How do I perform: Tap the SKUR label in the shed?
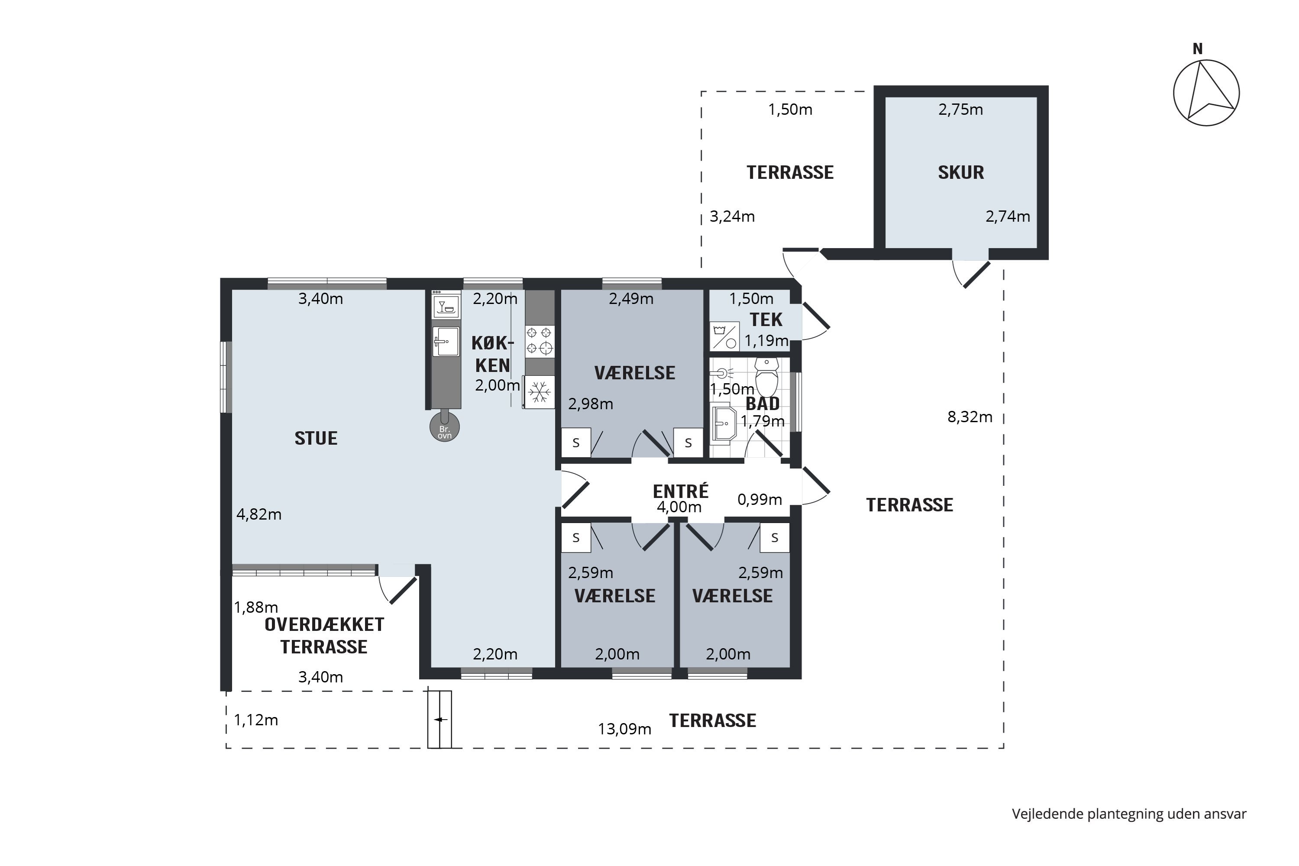961,172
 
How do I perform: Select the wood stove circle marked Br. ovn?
445,427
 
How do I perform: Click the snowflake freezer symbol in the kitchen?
539,393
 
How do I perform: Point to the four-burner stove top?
540,341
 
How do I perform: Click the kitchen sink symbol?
446,341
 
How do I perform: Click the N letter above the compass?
1197,49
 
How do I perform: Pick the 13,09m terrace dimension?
625,729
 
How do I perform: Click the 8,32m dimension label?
970,417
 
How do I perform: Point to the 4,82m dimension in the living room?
259,514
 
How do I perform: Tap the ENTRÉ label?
680,491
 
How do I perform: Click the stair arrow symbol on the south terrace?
440,720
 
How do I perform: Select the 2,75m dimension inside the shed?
961,110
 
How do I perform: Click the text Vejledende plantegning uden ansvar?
1129,814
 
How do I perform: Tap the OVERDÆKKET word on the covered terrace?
324,625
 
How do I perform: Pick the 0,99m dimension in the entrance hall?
759,499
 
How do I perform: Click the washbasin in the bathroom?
724,423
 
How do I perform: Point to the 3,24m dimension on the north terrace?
732,216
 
